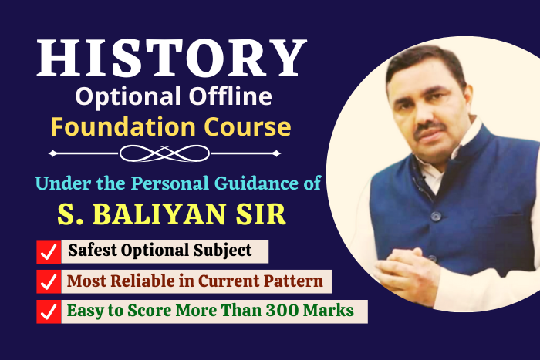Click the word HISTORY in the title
coord(171,58)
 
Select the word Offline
coord(231,96)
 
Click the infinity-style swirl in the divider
coord(164,153)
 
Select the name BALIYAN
coord(160,214)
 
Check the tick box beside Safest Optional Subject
coord(49,252)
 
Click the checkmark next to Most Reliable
coord(49,281)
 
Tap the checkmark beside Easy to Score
coord(49,311)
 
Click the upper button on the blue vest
coord(436,216)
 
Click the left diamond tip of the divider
coord(49,153)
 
